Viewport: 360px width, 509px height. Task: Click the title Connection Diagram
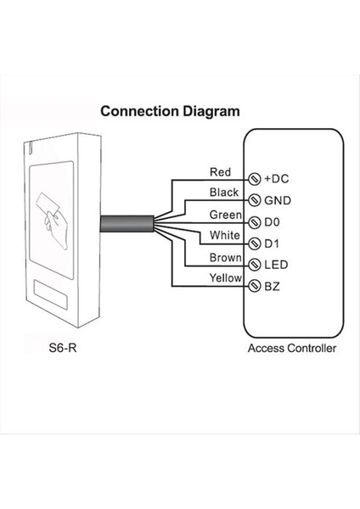(x=170, y=111)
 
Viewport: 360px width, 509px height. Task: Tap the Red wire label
(x=220, y=172)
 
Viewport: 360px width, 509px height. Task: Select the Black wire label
(x=222, y=193)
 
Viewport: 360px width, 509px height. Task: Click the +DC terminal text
(x=278, y=180)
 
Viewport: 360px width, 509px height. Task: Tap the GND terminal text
(x=278, y=201)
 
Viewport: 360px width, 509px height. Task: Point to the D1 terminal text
(x=273, y=243)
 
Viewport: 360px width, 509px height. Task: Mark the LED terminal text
(x=276, y=265)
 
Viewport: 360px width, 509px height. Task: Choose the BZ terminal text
(x=273, y=287)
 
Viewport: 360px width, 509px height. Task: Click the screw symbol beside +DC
(x=254, y=180)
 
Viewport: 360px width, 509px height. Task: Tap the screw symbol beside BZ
(x=254, y=287)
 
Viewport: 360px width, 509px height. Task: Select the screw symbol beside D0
(x=254, y=222)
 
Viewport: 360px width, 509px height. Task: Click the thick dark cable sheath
(x=127, y=225)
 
